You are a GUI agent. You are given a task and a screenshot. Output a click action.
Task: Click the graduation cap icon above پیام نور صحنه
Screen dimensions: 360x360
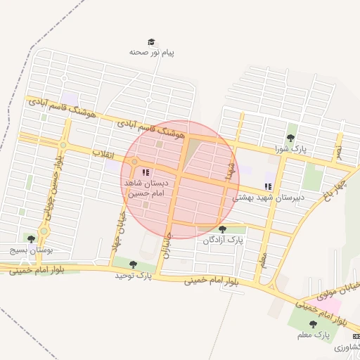coord(150,42)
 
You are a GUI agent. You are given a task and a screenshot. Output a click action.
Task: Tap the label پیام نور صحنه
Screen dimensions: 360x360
coord(151,53)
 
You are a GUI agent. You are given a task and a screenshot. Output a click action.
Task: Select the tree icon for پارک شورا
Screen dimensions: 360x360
coord(291,137)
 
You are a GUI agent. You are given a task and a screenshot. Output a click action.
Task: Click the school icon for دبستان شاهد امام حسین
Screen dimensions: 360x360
coord(145,172)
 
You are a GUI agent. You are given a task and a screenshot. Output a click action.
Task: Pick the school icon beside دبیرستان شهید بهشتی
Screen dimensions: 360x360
coord(267,186)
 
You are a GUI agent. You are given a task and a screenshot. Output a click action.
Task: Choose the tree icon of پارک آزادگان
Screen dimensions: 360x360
coord(222,229)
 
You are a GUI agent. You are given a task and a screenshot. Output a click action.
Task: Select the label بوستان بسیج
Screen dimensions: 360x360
coord(31,250)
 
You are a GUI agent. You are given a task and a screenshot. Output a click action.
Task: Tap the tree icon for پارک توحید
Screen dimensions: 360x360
coord(133,264)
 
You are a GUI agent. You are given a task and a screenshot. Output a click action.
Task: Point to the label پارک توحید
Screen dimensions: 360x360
coord(134,275)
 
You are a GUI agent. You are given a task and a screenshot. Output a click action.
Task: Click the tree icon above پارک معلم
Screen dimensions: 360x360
coord(313,323)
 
